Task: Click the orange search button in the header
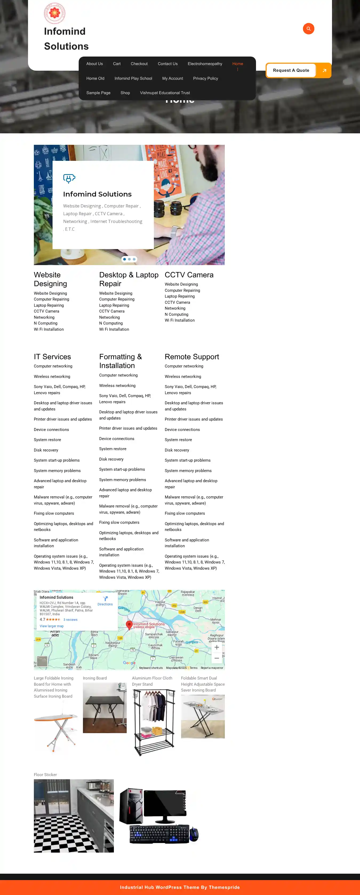[x=308, y=29]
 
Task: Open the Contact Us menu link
[x=167, y=64]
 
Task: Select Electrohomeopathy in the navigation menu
[x=205, y=64]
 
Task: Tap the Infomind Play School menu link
[x=133, y=78]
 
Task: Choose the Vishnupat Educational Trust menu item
[x=165, y=93]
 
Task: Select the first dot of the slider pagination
[x=125, y=259]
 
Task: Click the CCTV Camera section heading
[x=189, y=275]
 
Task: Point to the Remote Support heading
[x=192, y=357]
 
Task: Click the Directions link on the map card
[x=105, y=601]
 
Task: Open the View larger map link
[x=51, y=626]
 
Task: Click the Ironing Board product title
[x=94, y=678]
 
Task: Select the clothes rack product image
[x=154, y=723]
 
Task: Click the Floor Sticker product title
[x=45, y=775]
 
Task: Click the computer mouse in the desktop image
[x=194, y=834]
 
